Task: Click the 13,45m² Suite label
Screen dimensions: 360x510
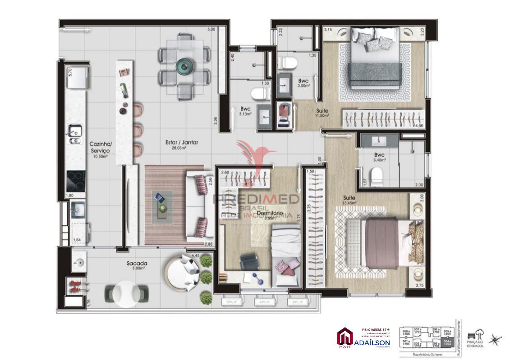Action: pyautogui.click(x=349, y=200)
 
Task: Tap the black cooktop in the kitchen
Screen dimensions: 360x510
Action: pyautogui.click(x=76, y=181)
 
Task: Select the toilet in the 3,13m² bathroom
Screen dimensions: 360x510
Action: pyautogui.click(x=259, y=94)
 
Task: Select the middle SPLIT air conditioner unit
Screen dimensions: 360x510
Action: pyautogui.click(x=264, y=302)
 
